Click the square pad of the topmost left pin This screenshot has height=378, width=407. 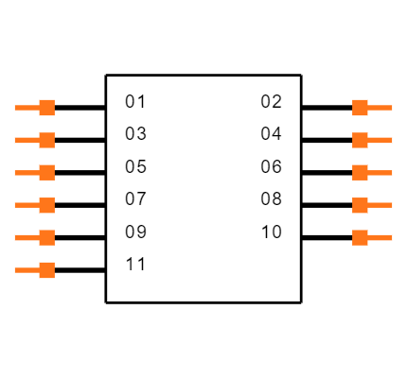[46, 108]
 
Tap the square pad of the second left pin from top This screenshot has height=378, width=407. [46, 140]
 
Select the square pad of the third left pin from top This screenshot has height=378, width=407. [46, 172]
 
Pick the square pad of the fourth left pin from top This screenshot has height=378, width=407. [46, 205]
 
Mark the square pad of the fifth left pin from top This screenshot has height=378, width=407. [46, 237]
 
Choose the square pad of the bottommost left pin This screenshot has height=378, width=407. [46, 270]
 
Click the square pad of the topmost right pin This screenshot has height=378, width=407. [360, 108]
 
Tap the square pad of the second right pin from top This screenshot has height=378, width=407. [360, 140]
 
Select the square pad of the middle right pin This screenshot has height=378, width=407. [360, 172]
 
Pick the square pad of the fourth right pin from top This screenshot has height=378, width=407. [360, 205]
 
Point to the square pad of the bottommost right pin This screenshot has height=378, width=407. [360, 237]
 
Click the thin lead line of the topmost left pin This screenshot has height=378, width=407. [26, 108]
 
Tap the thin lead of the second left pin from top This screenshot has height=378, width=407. [26, 140]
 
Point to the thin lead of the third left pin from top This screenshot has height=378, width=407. [26, 172]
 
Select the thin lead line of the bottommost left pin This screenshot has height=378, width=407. [26, 270]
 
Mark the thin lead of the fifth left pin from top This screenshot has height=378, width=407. [26, 237]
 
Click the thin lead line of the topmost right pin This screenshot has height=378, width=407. [380, 108]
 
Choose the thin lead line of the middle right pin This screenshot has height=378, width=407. [380, 172]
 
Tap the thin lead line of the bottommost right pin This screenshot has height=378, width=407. [380, 237]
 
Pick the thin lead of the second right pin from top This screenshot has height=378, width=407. [380, 140]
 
